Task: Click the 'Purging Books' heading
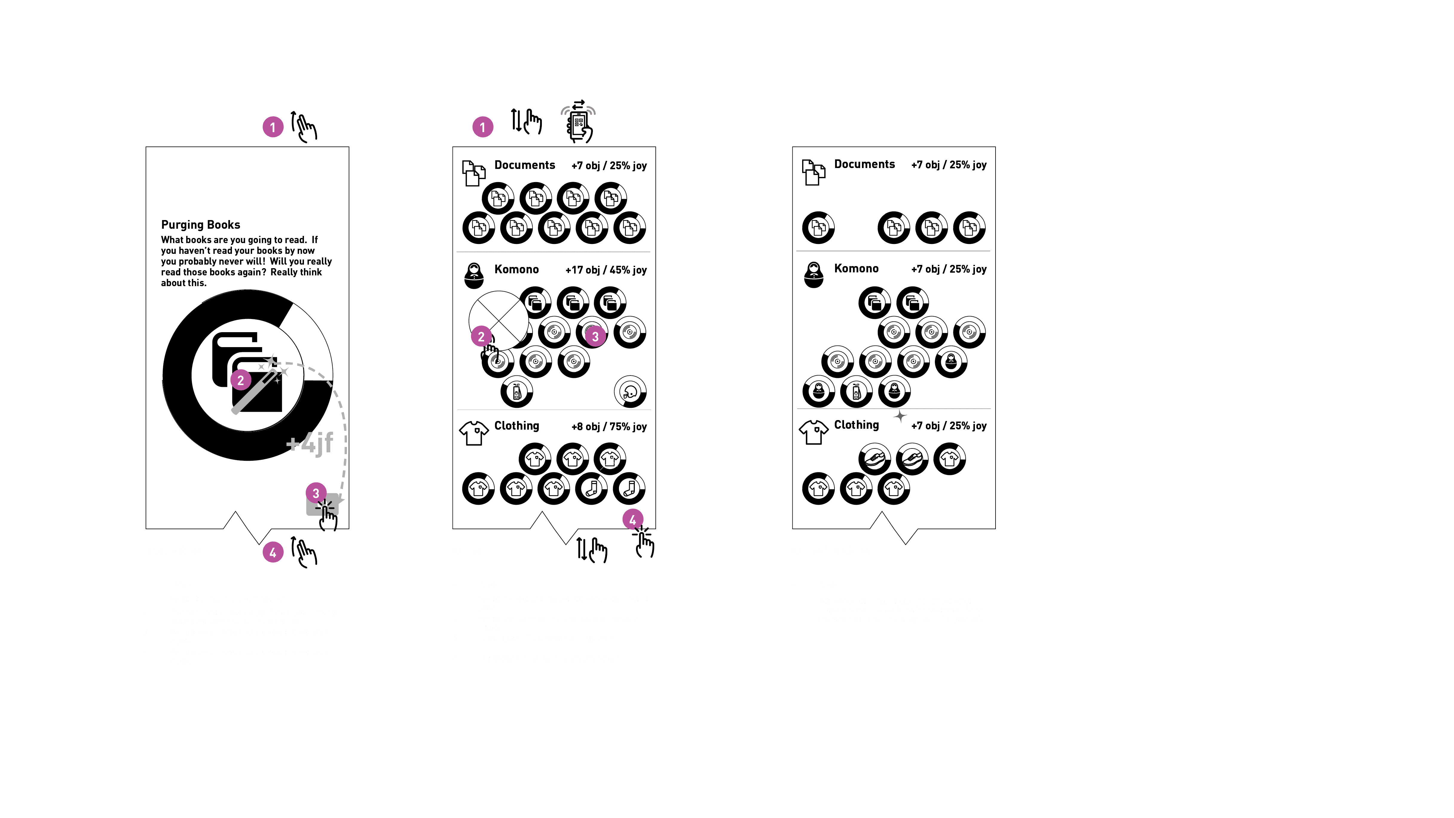click(x=200, y=225)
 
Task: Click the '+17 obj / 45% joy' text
click(x=606, y=270)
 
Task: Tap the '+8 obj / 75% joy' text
click(x=608, y=427)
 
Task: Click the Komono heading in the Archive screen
click(x=516, y=269)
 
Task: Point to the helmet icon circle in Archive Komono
click(x=629, y=391)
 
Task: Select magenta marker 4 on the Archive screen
click(x=632, y=519)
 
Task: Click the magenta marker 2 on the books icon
click(x=241, y=380)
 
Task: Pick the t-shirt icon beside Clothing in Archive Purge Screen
click(x=813, y=432)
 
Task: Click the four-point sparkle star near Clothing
click(x=900, y=416)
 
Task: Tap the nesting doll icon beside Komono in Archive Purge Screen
click(x=813, y=275)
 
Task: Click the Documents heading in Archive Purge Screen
click(x=864, y=164)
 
